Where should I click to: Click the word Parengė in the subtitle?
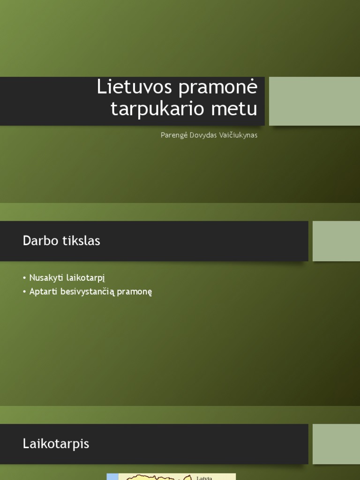tap(173, 135)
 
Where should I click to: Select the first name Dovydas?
tap(203, 135)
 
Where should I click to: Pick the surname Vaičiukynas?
tap(240, 135)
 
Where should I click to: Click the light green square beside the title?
tap(314, 101)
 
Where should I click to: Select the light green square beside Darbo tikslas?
tap(336, 241)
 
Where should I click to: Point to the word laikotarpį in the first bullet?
tap(86, 278)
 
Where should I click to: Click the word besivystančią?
tap(91, 292)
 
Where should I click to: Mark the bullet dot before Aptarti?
tap(24, 292)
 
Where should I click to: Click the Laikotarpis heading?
tap(56, 444)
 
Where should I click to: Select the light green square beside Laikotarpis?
tap(336, 444)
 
